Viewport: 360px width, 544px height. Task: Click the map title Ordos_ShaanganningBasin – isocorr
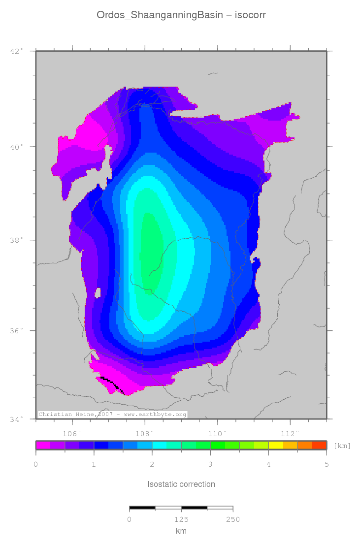pyautogui.click(x=181, y=15)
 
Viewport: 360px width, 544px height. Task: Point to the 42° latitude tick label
pyautogui.click(x=16, y=51)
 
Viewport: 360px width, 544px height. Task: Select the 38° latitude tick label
pyautogui.click(x=16, y=241)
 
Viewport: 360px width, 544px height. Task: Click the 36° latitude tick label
pyautogui.click(x=16, y=331)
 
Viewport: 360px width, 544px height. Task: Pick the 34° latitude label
pyautogui.click(x=16, y=419)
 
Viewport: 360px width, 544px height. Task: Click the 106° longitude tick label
pyautogui.click(x=72, y=434)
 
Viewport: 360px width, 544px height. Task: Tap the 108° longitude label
pyautogui.click(x=145, y=434)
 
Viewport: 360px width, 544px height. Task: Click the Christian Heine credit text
pyautogui.click(x=112, y=415)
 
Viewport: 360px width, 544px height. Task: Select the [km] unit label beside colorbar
pyautogui.click(x=342, y=446)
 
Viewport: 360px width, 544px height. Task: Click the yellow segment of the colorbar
pyautogui.click(x=276, y=445)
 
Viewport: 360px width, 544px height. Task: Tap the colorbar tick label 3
pyautogui.click(x=210, y=464)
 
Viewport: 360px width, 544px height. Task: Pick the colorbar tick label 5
pyautogui.click(x=326, y=464)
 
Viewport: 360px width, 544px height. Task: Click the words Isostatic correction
pyautogui.click(x=181, y=484)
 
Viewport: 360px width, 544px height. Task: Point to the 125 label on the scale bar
pyautogui.click(x=181, y=519)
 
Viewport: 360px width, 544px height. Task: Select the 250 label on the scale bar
pyautogui.click(x=232, y=519)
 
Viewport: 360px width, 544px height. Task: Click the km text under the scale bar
pyautogui.click(x=181, y=531)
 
